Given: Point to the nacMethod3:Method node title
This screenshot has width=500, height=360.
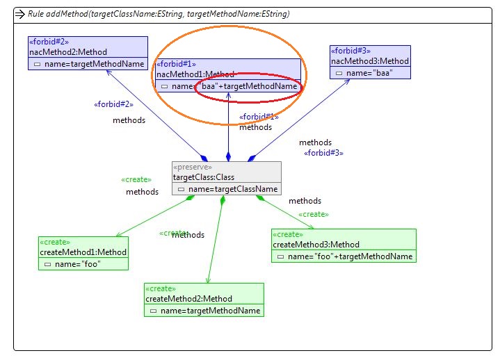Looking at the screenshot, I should (370, 60).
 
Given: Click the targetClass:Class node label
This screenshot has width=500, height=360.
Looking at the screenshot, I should (205, 177).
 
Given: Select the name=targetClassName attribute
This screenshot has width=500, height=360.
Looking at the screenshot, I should (231, 189).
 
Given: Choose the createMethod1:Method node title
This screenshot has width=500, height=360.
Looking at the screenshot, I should (83, 252).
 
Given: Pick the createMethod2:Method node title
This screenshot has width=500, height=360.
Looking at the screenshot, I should (188, 299).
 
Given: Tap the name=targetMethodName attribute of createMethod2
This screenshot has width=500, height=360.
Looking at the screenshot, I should (211, 311).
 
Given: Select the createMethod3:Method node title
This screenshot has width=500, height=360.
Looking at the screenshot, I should (316, 244).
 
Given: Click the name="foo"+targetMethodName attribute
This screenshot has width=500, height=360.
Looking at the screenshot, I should (350, 256).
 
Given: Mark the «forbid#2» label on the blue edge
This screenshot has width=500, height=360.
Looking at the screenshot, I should (113, 105).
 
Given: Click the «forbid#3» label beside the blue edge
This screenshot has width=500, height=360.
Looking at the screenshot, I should (324, 152).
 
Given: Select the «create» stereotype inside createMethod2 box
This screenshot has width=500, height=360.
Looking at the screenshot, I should (161, 288).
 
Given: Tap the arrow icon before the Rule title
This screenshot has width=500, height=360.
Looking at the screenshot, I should (21, 13).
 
